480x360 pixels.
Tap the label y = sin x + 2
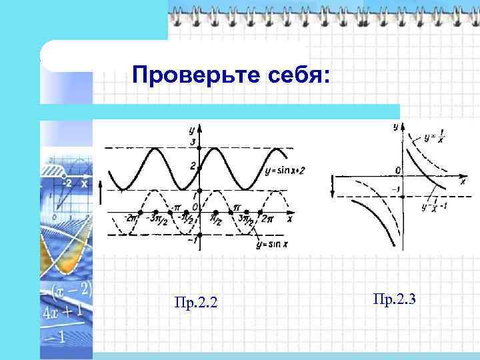[x=285, y=171]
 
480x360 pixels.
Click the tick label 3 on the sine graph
[x=193, y=143]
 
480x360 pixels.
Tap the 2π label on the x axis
[x=267, y=219]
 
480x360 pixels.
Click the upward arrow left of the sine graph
[x=101, y=195]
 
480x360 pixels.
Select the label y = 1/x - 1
[x=434, y=205]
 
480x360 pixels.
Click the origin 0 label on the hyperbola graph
[x=397, y=171]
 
